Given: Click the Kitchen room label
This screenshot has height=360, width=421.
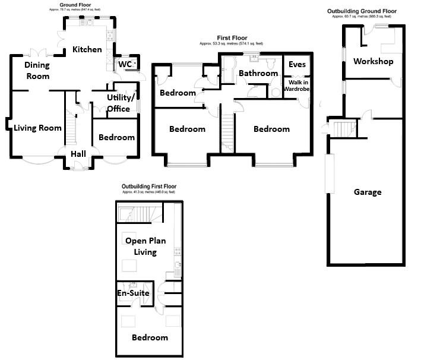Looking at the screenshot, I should click(87, 49).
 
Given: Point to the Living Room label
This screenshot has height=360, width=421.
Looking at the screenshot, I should click(38, 127).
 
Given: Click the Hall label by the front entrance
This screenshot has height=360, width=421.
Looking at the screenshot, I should click(78, 154).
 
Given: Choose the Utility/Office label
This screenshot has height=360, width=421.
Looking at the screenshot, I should click(121, 103).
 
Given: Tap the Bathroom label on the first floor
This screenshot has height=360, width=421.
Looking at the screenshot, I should click(258, 73).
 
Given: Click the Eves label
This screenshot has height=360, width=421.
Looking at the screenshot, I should click(297, 64).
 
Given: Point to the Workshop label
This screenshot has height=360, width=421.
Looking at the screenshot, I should click(373, 61).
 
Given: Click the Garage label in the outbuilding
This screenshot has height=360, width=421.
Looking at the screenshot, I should click(368, 192).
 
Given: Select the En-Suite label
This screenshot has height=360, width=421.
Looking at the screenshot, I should click(132, 293).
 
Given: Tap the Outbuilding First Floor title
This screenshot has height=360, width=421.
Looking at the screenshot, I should click(148, 186).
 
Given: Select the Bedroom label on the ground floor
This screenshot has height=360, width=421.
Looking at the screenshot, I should click(116, 137).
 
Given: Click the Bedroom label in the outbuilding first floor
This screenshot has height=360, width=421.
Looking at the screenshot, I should click(150, 337).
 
